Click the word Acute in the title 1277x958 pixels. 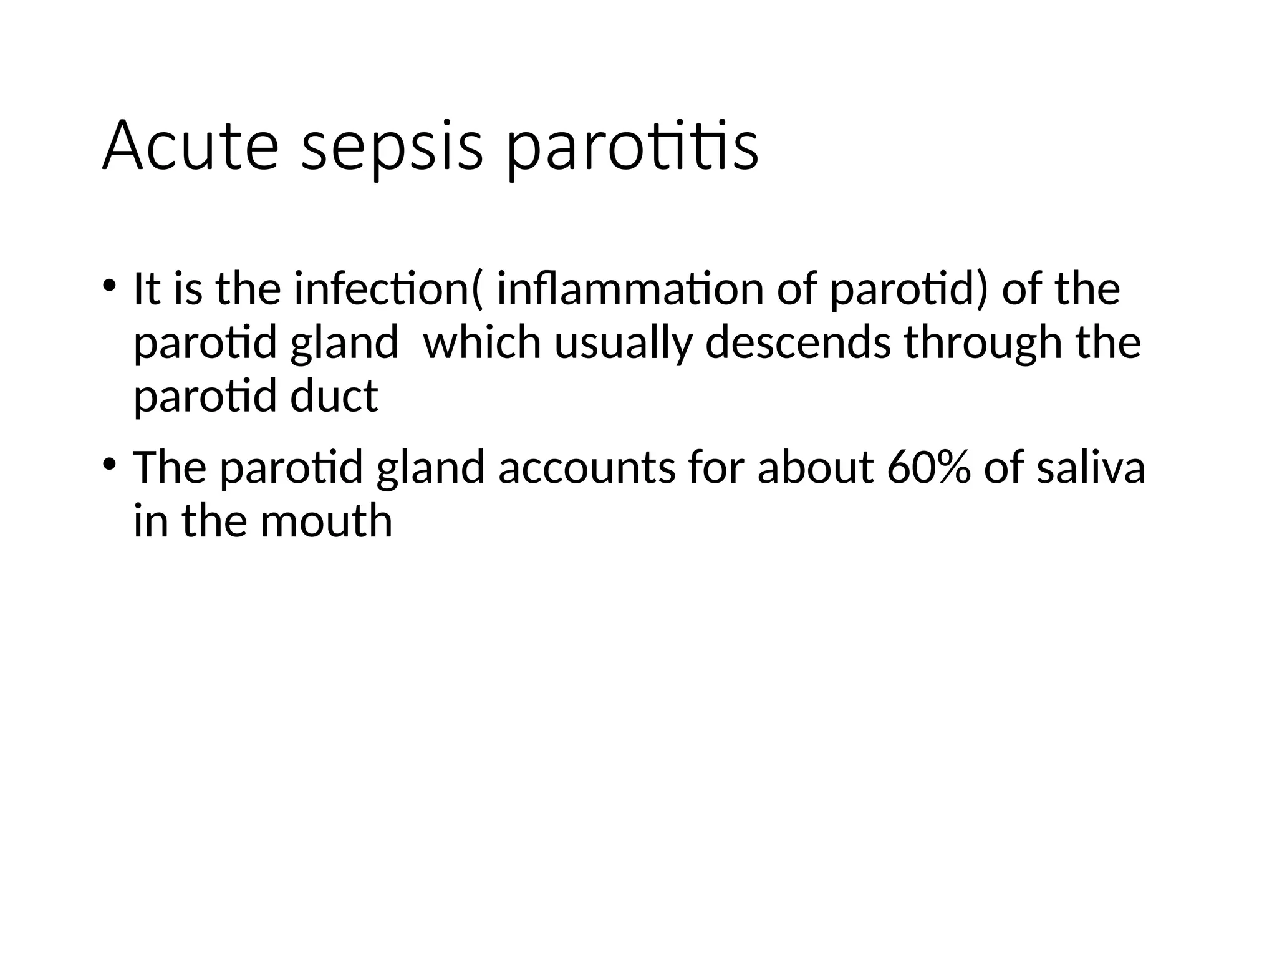click(190, 146)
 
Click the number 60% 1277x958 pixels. click(928, 468)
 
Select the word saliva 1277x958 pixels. click(1091, 468)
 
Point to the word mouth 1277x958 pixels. click(326, 521)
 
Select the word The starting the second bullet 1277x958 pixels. click(170, 468)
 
